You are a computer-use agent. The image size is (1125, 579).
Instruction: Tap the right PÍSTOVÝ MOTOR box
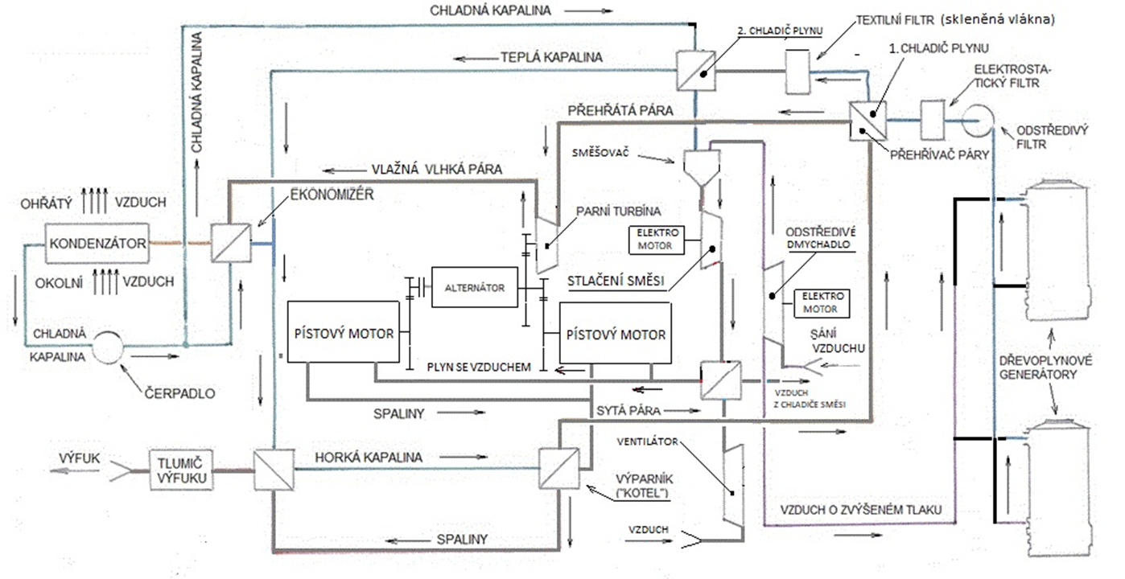pyautogui.click(x=616, y=333)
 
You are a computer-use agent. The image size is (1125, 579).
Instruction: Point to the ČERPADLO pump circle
pyautogui.click(x=107, y=347)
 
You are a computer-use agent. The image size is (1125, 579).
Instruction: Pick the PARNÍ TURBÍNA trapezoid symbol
pyautogui.click(x=545, y=244)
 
